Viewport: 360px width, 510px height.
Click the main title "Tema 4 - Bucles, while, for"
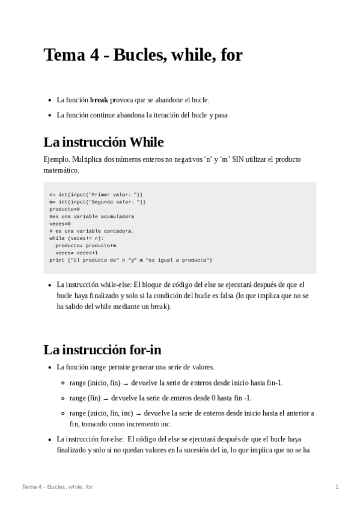point(143,55)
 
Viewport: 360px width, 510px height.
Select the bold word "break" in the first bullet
point(99,100)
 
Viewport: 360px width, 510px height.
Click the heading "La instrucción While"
point(103,143)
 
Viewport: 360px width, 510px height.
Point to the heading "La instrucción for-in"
point(102,349)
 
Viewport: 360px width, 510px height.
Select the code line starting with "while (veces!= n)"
point(76,238)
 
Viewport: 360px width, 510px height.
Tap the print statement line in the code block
point(130,260)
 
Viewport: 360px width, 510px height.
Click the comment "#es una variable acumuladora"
point(92,216)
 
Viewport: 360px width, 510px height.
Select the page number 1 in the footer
point(337,486)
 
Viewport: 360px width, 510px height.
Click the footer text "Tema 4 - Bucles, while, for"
point(57,486)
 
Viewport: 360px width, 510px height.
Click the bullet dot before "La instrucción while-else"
point(49,285)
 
